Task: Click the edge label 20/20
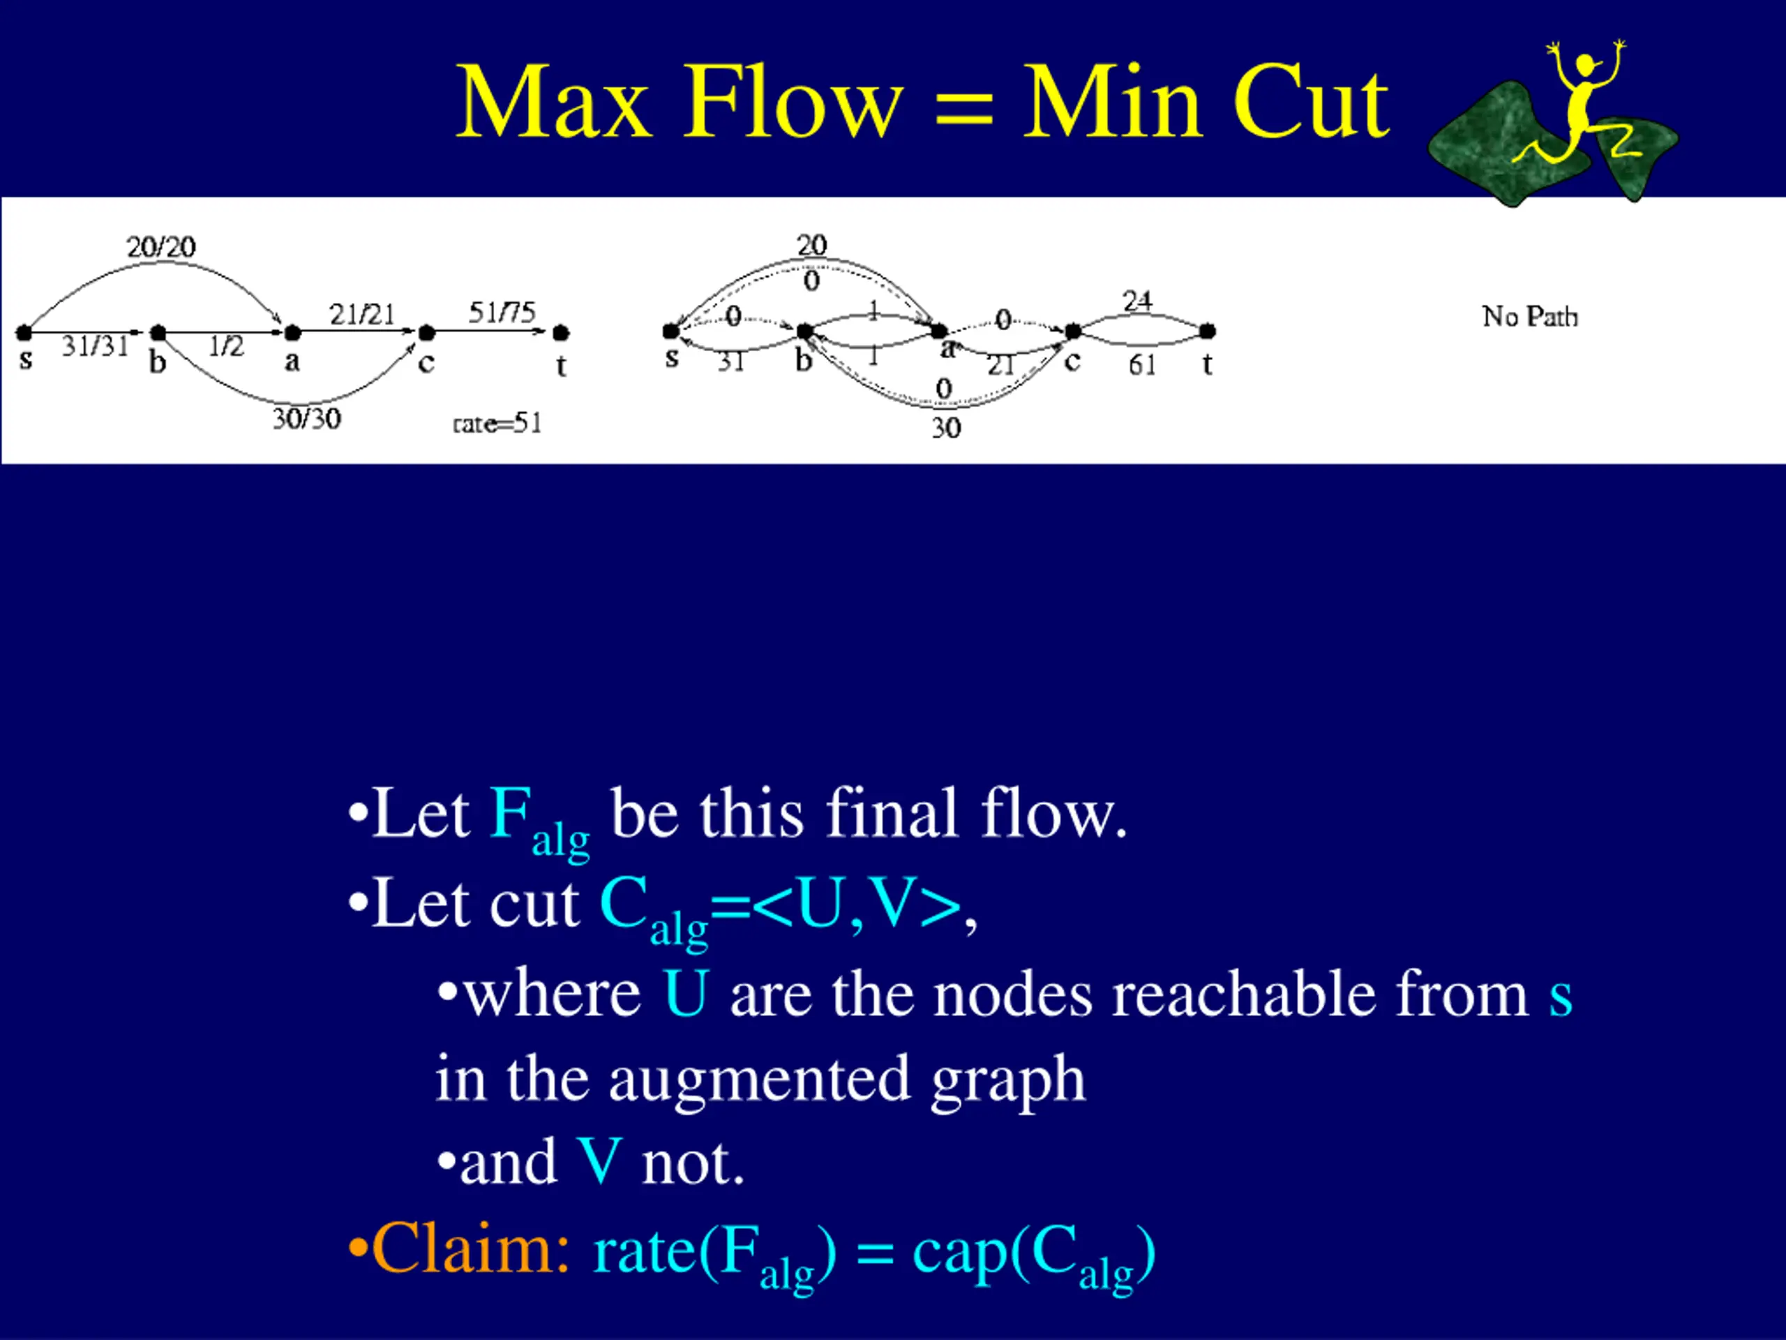(160, 246)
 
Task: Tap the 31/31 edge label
(96, 346)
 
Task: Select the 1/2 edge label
(225, 346)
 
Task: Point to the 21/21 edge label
(361, 314)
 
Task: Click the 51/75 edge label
(502, 312)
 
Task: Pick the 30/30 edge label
(306, 418)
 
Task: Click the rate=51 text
(497, 423)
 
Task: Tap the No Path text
(1529, 317)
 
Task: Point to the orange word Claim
(472, 1249)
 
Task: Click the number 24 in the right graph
(1137, 301)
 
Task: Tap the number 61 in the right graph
(1141, 365)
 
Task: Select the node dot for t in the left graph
(561, 332)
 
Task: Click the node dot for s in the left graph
(24, 332)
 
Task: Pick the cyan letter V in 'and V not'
(599, 1162)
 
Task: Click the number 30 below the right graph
(946, 427)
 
